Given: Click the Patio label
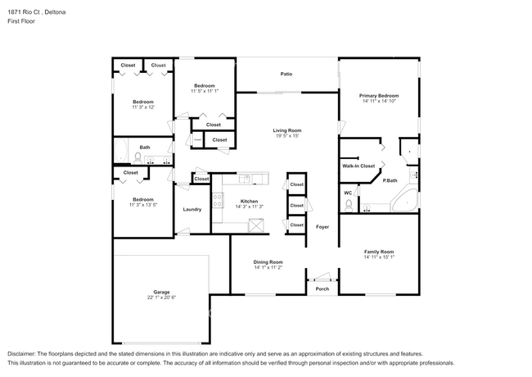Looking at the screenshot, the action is coord(286,74).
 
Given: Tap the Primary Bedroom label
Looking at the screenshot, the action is coord(379,96).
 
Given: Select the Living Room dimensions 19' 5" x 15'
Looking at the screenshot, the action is coord(287,136).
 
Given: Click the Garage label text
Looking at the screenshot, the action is coord(161,292).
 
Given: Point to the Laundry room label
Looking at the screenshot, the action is coord(192,209).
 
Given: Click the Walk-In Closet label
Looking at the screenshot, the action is coord(358,166).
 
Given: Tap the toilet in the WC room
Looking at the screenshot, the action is coord(349,206).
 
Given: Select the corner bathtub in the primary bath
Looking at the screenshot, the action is coord(404,201).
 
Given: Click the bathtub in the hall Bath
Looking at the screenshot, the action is coord(120,151).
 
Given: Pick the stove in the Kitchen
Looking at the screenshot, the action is coord(218,200).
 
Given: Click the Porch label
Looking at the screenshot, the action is coord(322,289).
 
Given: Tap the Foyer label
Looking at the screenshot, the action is coord(322,227).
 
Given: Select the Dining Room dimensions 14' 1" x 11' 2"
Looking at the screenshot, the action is coord(268,267).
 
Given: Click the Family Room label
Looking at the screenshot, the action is coord(379,252).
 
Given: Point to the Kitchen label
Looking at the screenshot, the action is coord(249,202).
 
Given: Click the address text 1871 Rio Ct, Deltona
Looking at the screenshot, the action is coord(37,12).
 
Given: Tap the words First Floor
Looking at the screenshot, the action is coord(21,21).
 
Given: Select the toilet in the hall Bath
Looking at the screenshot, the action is coord(138,157).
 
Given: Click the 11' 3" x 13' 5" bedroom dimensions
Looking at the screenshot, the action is coord(143,205).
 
